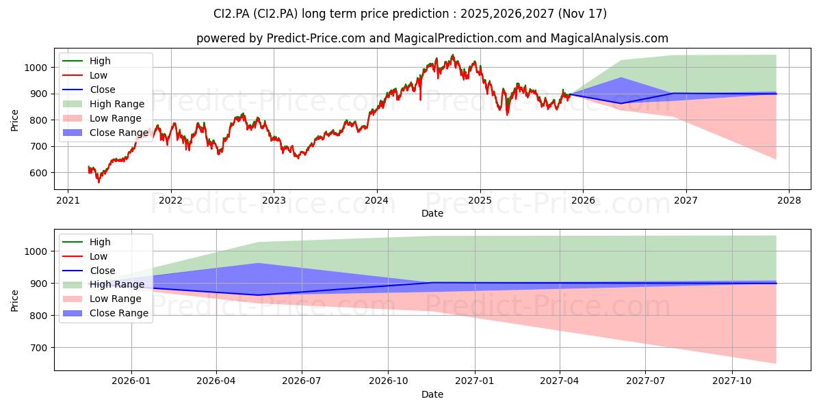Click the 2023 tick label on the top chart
point(274,201)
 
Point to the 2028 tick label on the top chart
point(789,201)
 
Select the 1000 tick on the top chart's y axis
point(36,68)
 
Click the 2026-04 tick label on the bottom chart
point(216,381)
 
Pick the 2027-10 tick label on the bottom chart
point(732,381)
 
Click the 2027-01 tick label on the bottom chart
point(475,381)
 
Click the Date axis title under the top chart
point(432,213)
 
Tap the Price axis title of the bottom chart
point(14,301)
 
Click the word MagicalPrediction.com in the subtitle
point(458,38)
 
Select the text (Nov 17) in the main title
point(582,14)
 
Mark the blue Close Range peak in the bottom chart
point(258,263)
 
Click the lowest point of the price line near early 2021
point(99,182)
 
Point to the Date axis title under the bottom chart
point(432,394)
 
